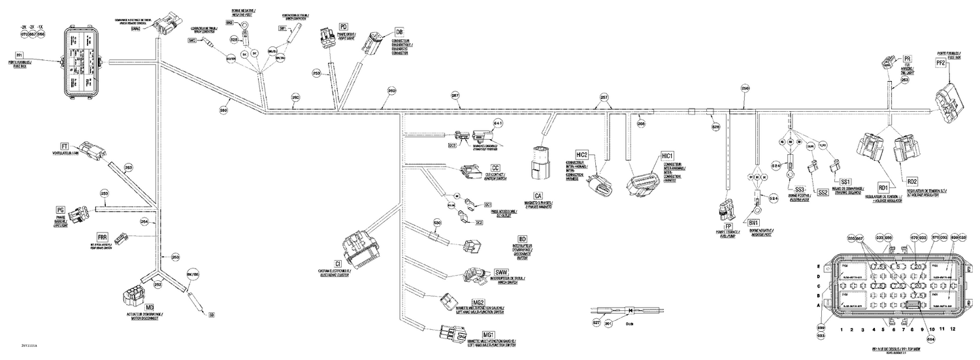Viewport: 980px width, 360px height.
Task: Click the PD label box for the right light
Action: [x=343, y=26]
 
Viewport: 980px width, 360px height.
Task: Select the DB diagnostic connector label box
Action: [x=399, y=31]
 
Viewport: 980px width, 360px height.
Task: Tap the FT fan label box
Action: [x=65, y=146]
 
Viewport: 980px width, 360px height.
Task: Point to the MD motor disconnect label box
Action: [x=150, y=306]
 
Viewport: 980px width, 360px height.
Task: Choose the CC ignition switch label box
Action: [x=495, y=168]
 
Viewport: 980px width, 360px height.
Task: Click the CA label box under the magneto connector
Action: [x=538, y=195]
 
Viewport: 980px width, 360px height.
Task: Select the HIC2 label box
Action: [x=583, y=154]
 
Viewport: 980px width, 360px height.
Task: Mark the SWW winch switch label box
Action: [x=502, y=271]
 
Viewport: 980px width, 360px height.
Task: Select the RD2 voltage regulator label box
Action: [x=912, y=181]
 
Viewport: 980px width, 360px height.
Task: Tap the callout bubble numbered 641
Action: [x=497, y=123]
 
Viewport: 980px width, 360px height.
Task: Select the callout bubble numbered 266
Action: [x=641, y=123]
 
